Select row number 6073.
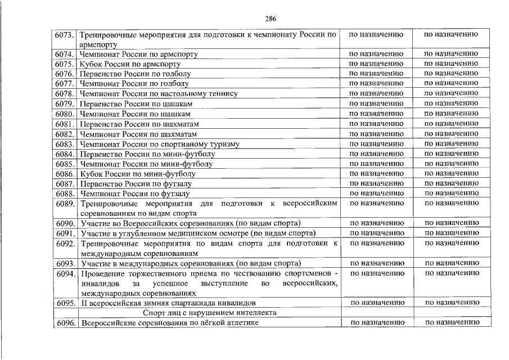(x=65, y=35)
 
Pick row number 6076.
(x=65, y=74)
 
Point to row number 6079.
(x=65, y=104)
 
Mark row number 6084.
(x=65, y=154)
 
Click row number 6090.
(x=66, y=223)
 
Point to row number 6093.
(x=66, y=263)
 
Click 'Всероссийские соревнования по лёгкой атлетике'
(x=170, y=323)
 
